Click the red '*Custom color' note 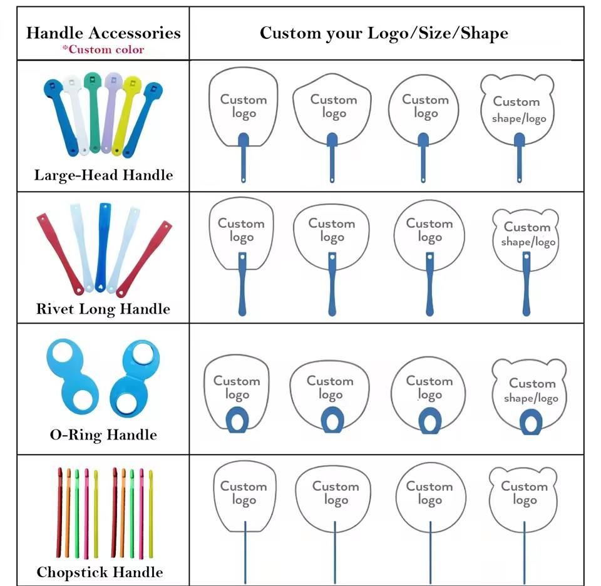pos(103,49)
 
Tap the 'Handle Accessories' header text pos(103,33)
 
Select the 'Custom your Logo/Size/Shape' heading pos(384,33)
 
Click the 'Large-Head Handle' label pos(103,175)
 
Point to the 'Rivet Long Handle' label pos(103,309)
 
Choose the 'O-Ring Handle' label pos(103,434)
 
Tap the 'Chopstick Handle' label pos(100,572)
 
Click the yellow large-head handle pos(126,115)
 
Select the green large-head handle pos(93,111)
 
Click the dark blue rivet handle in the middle pos(103,247)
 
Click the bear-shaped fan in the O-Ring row pos(529,395)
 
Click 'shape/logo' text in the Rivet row pos(528,242)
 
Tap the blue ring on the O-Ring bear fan pos(531,422)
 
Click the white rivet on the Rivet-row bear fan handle pos(527,257)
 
